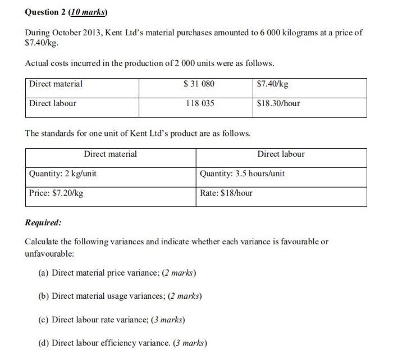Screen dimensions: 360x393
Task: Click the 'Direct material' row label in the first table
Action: click(x=56, y=84)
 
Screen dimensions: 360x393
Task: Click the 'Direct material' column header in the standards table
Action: click(x=110, y=154)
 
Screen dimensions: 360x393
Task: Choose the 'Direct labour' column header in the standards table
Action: click(x=281, y=154)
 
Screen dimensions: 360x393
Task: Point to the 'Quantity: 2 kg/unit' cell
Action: click(x=62, y=174)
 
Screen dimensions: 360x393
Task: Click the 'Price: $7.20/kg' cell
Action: click(x=56, y=193)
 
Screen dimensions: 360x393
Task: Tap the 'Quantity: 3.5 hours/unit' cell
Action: click(x=242, y=174)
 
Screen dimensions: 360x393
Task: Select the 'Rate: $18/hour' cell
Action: click(x=226, y=193)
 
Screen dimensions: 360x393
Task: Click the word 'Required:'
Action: click(x=43, y=222)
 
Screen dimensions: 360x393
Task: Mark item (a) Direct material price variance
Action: click(x=117, y=274)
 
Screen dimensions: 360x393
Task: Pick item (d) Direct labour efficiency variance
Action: click(x=122, y=343)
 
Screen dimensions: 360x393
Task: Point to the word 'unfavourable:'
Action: click(x=49, y=253)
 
